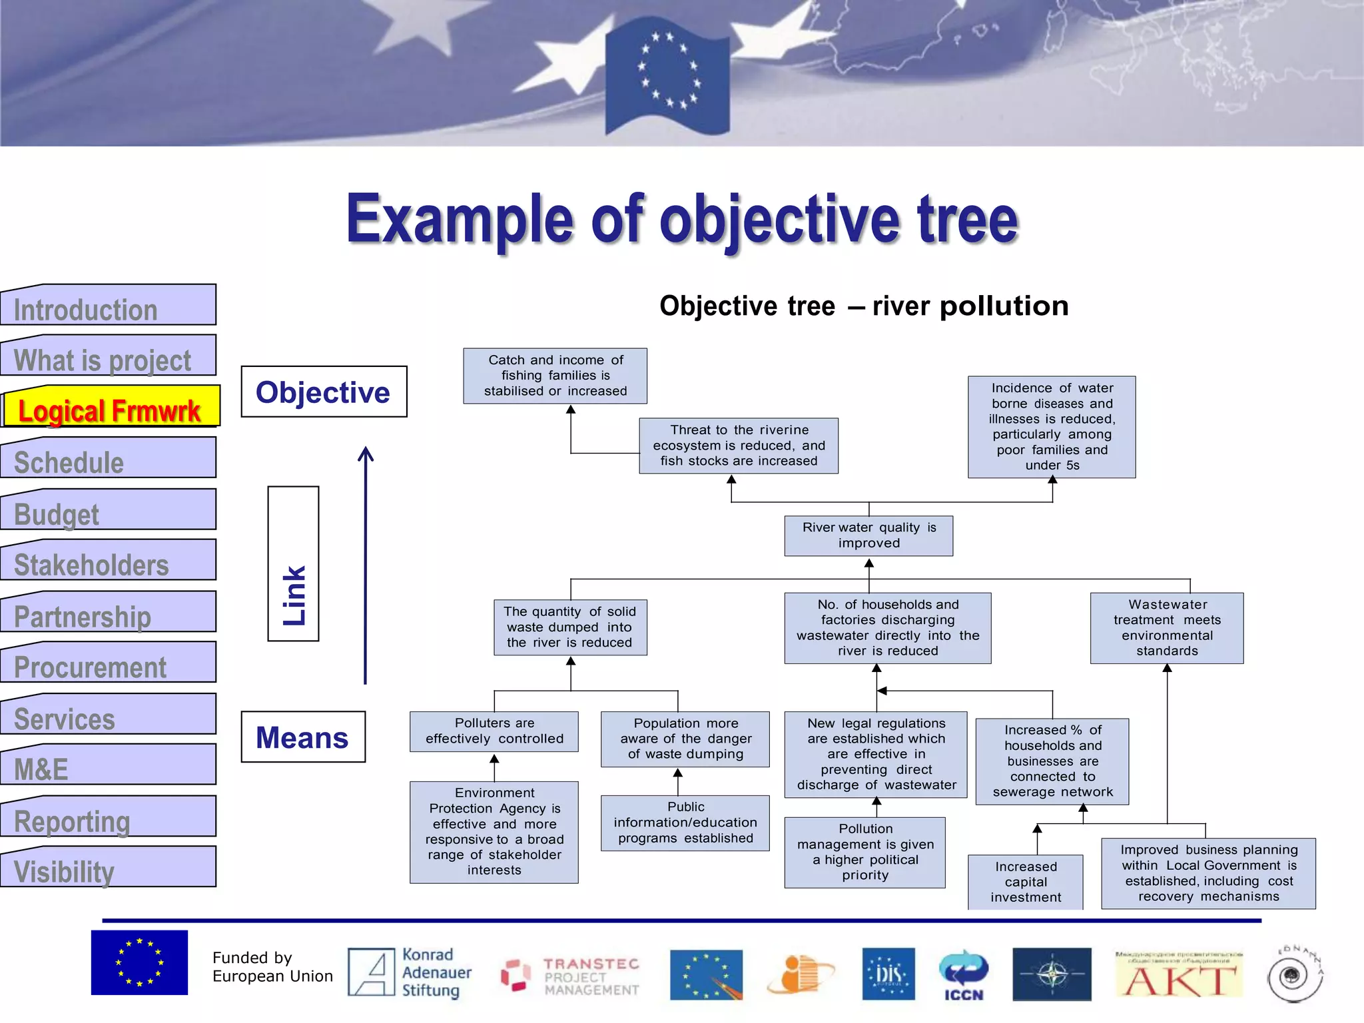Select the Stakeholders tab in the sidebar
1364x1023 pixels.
click(109, 563)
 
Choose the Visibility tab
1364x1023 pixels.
click(109, 870)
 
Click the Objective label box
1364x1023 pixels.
click(324, 392)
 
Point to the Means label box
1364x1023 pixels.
click(303, 737)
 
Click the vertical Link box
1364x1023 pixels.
click(294, 563)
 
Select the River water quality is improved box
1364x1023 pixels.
click(868, 535)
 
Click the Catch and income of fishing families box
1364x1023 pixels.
click(555, 376)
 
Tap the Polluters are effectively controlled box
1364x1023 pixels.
click(494, 731)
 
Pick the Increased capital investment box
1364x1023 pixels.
click(1026, 882)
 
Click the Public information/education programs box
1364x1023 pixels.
click(685, 823)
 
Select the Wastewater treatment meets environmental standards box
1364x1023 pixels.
click(1167, 627)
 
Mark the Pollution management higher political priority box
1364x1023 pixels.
click(865, 852)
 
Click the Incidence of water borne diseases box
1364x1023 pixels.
click(1052, 426)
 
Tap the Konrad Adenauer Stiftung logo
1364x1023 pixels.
click(410, 973)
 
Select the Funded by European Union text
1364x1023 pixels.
click(272, 967)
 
